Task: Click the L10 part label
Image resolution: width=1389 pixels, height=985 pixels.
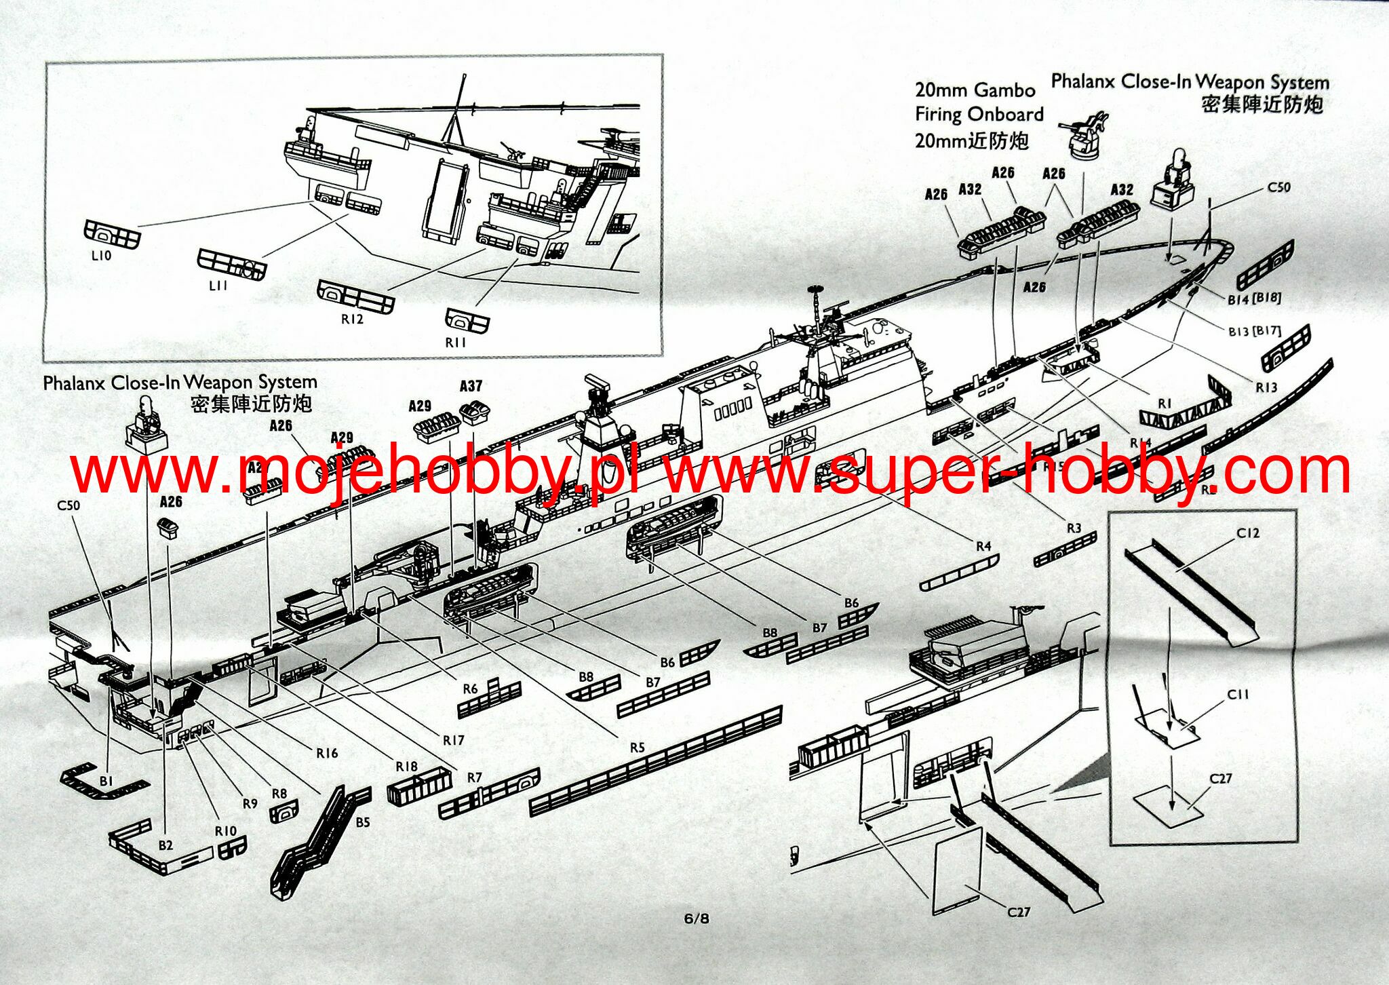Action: point(101,256)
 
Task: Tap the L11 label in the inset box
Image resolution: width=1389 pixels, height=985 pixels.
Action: point(218,286)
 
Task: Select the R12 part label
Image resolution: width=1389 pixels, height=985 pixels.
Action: point(352,319)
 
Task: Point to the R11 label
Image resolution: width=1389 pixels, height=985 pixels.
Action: point(456,343)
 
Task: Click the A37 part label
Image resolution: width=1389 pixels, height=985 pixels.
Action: point(471,386)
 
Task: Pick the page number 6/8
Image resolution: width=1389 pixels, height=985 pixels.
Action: point(697,919)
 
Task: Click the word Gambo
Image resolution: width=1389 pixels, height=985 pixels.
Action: point(1004,90)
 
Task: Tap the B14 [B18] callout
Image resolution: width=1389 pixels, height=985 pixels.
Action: point(1253,298)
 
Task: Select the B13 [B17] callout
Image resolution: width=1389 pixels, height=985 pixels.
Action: point(1254,331)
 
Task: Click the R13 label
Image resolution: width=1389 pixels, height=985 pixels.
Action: point(1266,387)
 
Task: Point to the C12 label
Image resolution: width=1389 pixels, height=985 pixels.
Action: point(1248,533)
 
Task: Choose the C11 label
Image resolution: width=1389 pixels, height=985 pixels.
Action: point(1238,694)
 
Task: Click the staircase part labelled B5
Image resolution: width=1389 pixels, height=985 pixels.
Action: point(319,841)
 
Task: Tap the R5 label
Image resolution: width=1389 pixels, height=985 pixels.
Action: point(637,748)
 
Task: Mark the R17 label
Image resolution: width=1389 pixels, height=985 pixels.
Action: point(454,740)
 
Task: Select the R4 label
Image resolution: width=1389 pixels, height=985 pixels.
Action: point(983,546)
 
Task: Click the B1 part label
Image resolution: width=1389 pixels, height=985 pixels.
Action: point(106,781)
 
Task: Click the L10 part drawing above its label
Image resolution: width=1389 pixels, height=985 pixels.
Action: point(112,233)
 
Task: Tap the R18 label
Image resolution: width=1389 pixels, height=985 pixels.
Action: point(407,767)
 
